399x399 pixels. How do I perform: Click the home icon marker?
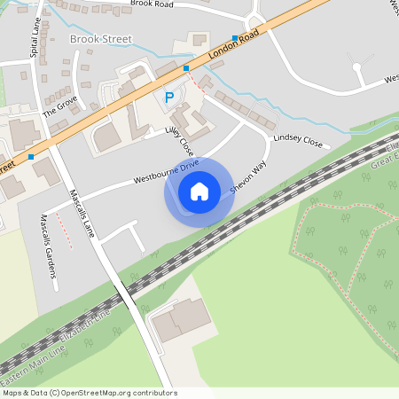tap(199, 191)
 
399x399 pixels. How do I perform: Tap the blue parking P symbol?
tap(168, 98)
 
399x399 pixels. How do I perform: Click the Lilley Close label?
tap(179, 141)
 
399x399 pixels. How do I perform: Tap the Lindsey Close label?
tap(299, 140)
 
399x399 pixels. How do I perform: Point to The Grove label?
tap(60, 107)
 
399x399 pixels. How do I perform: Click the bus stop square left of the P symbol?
tap(186, 67)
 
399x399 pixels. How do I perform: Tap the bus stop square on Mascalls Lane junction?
tap(31, 157)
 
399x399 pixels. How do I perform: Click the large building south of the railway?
tap(178, 321)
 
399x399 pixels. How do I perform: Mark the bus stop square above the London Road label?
tap(235, 38)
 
